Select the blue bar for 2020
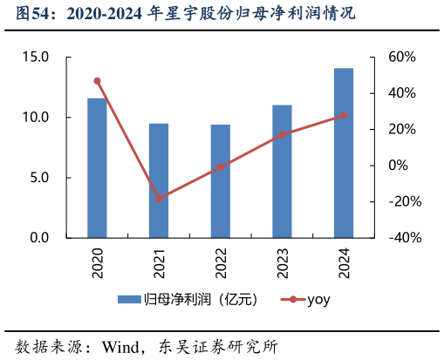97,167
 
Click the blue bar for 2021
159,180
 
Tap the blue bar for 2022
220,180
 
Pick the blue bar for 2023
282,171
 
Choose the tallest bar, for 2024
344,153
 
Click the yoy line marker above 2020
97,81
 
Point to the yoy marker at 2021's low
159,199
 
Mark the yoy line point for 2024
344,115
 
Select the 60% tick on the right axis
403,58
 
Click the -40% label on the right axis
403,238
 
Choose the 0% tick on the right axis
398,166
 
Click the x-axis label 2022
221,262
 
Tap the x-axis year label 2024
344,262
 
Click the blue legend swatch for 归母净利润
129,300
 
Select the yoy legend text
318,300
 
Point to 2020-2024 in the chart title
99,14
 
